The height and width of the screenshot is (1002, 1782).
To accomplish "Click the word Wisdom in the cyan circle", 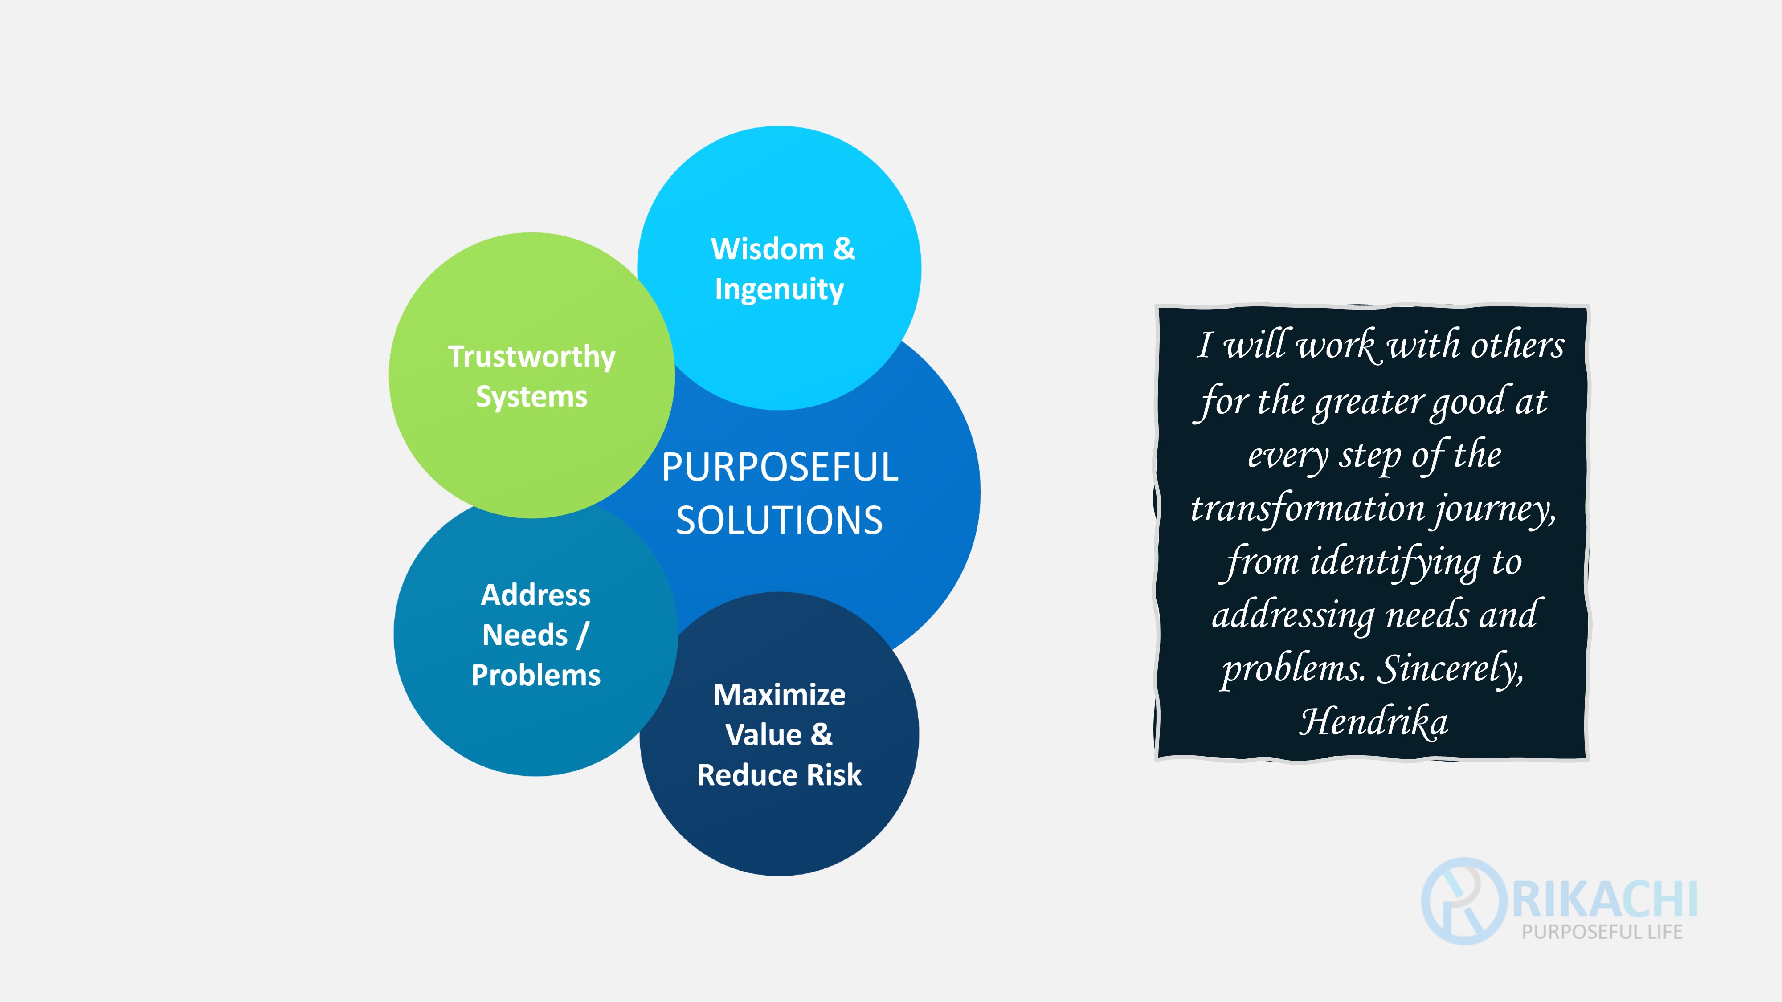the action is pos(767,249).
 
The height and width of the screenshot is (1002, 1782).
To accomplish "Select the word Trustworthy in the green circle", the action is pos(531,357).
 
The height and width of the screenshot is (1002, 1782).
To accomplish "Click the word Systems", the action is pos(531,397).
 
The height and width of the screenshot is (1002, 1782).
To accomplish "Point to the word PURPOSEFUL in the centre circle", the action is pos(780,468).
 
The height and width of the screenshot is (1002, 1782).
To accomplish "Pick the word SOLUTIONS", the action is pos(780,521).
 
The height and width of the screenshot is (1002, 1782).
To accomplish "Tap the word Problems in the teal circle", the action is pos(535,676).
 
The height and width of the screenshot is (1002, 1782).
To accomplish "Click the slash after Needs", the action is pos(582,635).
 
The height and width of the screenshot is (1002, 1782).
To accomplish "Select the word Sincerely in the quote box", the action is pos(1451,669).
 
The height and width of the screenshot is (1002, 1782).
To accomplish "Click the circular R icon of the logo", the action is pos(1464,901).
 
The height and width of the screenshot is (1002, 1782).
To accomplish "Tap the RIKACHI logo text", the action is pos(1605,899).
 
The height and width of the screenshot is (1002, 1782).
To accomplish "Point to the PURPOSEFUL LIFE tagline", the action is pos(1602,932).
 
